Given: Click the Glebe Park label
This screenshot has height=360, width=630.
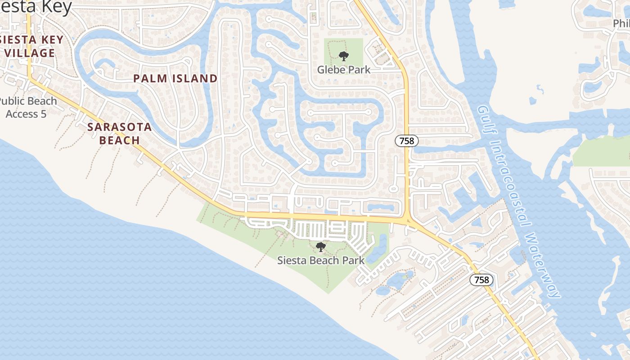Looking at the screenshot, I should click(344, 70).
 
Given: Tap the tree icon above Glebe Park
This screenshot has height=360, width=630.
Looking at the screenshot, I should click(344, 56).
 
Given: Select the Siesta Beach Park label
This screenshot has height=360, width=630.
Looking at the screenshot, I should click(321, 260).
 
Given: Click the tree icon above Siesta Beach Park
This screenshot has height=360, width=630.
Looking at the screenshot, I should click(321, 247).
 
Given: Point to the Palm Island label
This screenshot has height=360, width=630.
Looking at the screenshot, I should click(175, 79).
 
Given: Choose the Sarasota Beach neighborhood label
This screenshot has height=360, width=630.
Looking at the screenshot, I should click(119, 134).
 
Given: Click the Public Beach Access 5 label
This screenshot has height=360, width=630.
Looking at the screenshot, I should click(27, 108).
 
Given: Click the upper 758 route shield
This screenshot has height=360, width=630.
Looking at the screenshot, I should click(407, 141).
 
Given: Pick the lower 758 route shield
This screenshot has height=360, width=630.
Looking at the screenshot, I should click(481, 280).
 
